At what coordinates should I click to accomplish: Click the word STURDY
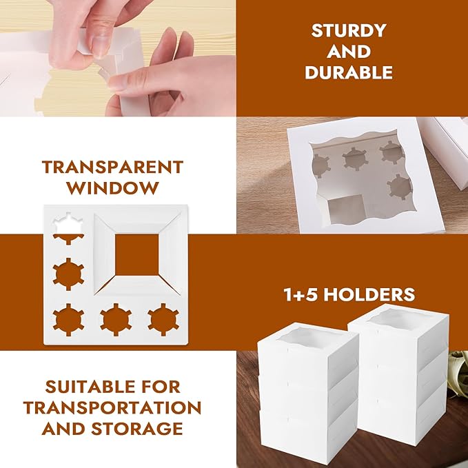point(349,30)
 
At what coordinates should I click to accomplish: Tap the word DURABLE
point(349,72)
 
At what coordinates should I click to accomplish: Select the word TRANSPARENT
point(112,167)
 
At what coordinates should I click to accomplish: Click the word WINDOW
point(112,188)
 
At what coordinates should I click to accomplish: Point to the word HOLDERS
point(369,294)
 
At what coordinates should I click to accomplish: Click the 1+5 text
point(301,294)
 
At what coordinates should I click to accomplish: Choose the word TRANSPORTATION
point(112,408)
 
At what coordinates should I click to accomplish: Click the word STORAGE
point(137,429)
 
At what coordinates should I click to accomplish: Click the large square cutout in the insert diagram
point(137,254)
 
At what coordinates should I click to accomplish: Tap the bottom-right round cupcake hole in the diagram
point(163,320)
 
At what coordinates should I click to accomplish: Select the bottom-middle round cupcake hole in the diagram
point(116,320)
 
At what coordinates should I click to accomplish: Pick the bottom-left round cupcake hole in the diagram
point(68,320)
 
